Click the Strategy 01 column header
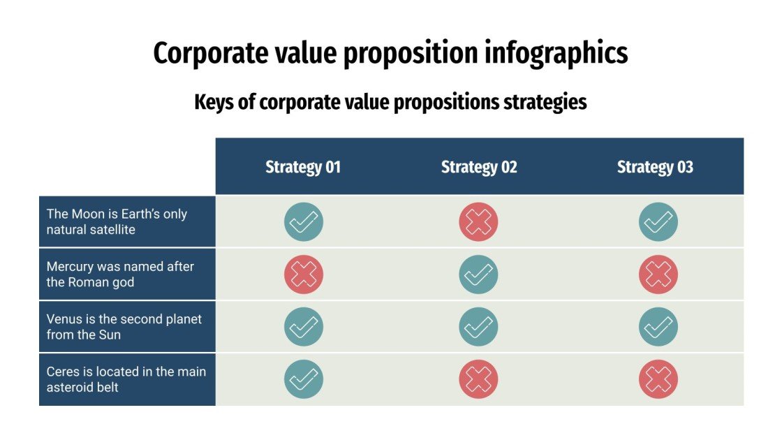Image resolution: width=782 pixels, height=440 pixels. point(303,167)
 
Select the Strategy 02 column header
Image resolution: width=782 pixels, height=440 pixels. point(479,167)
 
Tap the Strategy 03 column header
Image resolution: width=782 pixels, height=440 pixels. point(655,167)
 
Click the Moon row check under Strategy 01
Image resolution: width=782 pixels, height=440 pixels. point(304,222)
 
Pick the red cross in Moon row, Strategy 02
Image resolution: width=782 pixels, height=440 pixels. point(478,222)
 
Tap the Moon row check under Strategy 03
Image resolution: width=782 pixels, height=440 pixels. point(658,222)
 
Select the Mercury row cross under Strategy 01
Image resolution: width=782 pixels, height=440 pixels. point(304,274)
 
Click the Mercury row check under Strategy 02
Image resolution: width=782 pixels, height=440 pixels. point(478,274)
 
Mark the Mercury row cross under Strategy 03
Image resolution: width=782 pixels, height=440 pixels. point(658,274)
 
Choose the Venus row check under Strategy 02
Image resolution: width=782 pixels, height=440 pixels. point(478,327)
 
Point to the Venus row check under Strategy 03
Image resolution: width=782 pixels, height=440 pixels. point(658,327)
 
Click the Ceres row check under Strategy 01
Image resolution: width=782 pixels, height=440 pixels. point(304,379)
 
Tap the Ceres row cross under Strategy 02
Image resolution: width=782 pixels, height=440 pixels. point(478,379)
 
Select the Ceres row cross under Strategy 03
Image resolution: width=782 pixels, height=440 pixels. point(658,379)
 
